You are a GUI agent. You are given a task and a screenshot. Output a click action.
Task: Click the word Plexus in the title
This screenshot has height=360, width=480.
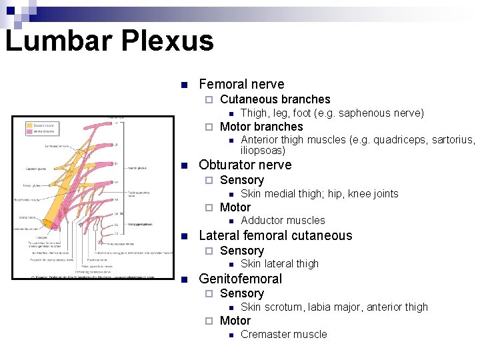point(168,40)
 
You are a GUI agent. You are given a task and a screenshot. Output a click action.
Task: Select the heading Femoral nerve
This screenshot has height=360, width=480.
point(241,84)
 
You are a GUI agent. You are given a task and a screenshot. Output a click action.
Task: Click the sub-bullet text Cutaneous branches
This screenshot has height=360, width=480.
point(275,99)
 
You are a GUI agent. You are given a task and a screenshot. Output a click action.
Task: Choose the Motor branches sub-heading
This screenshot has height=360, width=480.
point(261,127)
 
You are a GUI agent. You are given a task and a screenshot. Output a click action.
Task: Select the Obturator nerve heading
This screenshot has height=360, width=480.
point(245,165)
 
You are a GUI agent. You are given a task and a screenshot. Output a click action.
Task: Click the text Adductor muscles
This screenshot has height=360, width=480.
point(283,221)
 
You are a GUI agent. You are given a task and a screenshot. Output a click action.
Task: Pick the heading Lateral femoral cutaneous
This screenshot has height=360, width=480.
point(275,235)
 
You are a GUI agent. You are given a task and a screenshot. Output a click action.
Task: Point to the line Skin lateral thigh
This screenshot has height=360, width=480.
point(279,264)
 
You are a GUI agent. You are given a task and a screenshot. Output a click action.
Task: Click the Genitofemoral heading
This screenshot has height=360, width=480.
point(240,279)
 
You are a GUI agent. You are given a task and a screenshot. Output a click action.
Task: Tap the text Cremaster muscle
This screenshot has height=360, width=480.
point(283,335)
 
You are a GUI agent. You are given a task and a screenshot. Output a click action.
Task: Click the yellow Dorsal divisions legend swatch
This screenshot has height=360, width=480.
point(30,125)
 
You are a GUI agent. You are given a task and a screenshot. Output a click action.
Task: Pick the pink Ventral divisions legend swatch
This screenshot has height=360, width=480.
point(30,132)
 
